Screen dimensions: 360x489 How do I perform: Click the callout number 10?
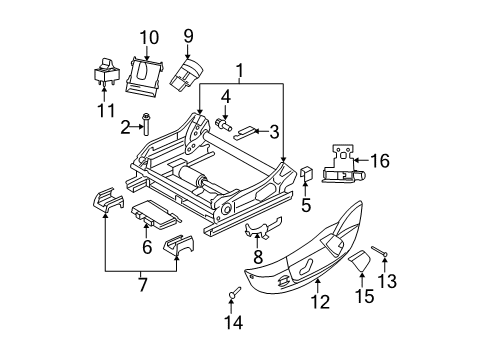pos(148,38)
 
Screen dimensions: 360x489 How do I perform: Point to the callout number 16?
pos(379,159)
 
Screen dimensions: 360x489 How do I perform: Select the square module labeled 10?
pos(147,74)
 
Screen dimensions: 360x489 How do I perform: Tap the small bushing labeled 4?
pos(223,123)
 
